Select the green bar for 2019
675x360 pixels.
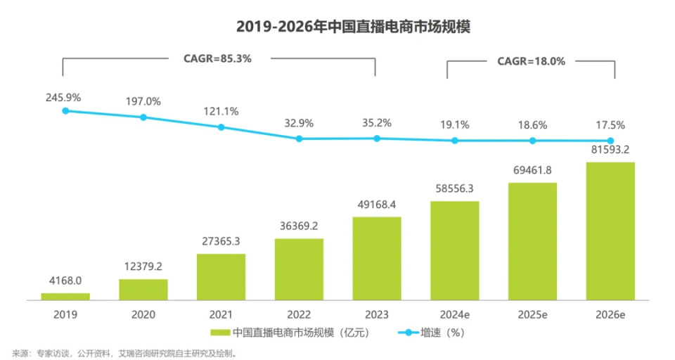click(65, 296)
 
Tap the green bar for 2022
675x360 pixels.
click(299, 269)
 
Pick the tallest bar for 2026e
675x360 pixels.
click(610, 231)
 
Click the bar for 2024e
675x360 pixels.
click(455, 250)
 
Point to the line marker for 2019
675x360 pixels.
click(65, 110)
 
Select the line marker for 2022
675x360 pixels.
click(299, 139)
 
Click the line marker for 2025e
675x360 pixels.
click(532, 141)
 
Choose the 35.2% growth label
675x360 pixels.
click(376, 122)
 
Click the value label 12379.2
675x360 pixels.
click(143, 268)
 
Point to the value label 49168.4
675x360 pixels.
click(376, 205)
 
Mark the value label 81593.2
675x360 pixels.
click(610, 150)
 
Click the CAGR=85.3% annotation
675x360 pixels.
click(218, 59)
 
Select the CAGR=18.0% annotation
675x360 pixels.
click(531, 61)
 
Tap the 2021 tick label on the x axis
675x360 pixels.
click(221, 314)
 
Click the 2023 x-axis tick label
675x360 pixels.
click(376, 314)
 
